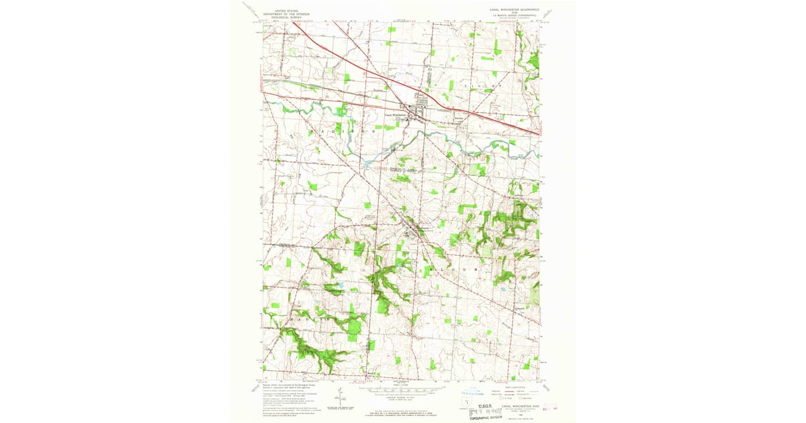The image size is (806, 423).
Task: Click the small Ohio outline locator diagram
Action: (x=469, y=401)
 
